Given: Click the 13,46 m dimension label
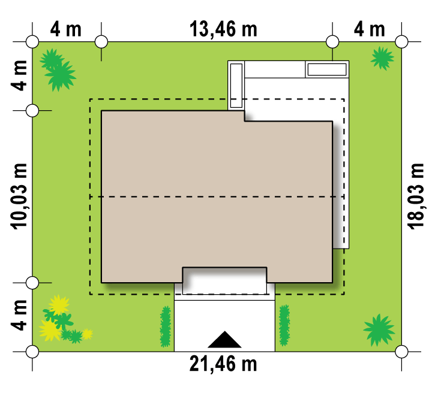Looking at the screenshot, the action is (223, 30).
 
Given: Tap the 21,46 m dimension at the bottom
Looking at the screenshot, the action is (223, 364).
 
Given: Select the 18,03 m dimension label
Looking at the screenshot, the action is (415, 196).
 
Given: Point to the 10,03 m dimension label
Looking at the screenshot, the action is (19, 196).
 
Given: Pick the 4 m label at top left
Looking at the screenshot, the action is (66, 29).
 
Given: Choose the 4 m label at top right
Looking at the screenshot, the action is (369, 29).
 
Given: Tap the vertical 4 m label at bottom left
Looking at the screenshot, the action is (19, 315).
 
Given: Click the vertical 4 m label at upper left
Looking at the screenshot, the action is (19, 75).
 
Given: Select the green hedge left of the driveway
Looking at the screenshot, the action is (166, 326).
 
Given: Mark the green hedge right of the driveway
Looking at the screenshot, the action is (284, 325).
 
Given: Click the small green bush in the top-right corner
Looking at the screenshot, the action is (382, 58).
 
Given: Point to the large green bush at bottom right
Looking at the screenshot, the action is (379, 330).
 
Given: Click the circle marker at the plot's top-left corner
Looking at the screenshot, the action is (32, 42).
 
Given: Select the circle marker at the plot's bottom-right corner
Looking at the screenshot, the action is (401, 352).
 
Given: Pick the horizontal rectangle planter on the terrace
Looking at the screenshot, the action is (327, 69).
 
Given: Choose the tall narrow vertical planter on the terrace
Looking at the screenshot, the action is (236, 86).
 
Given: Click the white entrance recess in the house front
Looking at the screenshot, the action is (224, 281).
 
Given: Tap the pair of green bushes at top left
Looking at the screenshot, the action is (58, 70).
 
